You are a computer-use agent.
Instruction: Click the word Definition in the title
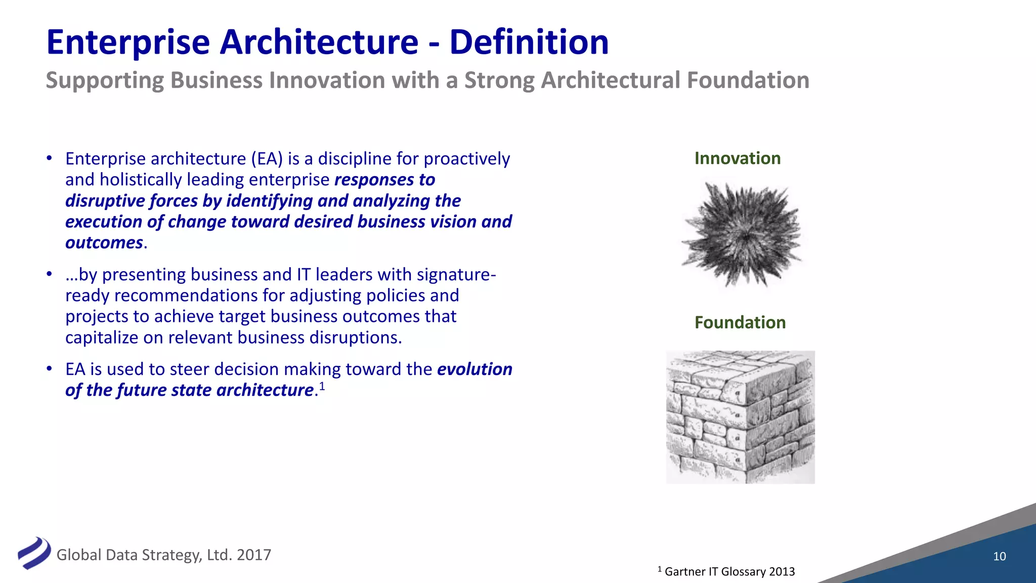(529, 42)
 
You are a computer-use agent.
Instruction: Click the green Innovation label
(737, 158)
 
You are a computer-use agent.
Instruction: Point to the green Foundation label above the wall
(740, 322)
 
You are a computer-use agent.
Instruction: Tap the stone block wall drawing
(740, 417)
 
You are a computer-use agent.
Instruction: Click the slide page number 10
(999, 556)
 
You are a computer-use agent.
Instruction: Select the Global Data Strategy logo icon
(34, 553)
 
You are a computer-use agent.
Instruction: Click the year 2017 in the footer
(254, 555)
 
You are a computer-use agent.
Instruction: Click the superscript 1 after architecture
(322, 387)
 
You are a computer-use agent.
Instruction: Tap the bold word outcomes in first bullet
(104, 243)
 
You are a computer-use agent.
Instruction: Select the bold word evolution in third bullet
(474, 369)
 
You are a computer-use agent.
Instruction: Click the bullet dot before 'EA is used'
(49, 369)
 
